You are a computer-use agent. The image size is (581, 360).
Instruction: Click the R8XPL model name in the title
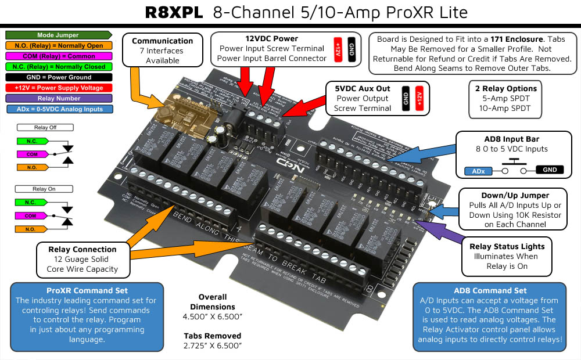174,13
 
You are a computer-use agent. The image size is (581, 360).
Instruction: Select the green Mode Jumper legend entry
58,35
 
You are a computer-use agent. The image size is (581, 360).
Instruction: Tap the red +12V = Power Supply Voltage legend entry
58,88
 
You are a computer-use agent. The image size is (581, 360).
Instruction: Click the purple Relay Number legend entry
58,98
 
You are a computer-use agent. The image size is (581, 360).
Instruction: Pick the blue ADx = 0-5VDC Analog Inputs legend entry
58,109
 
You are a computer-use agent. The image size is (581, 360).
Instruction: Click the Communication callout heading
162,41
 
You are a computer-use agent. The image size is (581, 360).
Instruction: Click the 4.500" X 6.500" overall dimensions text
213,316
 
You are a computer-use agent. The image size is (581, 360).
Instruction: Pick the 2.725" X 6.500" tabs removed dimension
213,345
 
